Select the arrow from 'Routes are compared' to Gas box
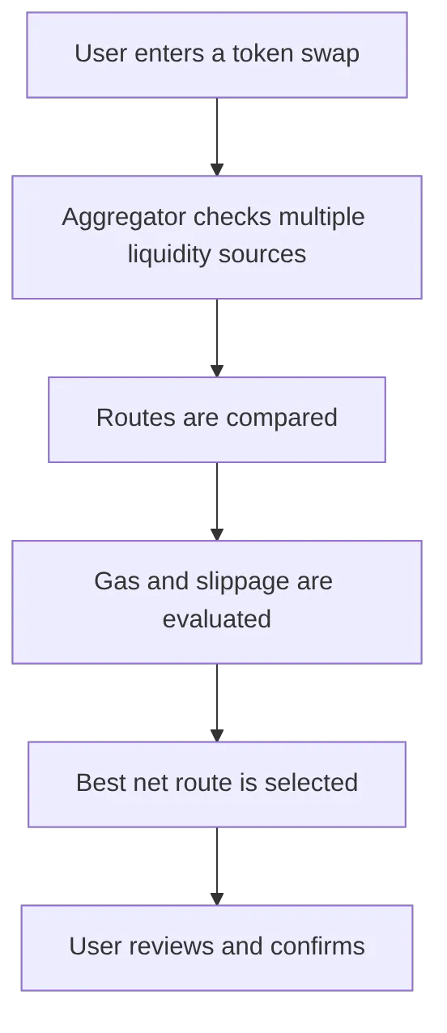pyautogui.click(x=216, y=500)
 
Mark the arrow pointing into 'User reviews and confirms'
pyautogui.click(x=216, y=865)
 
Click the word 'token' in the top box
pyautogui.click(x=261, y=54)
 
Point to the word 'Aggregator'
pyautogui.click(x=124, y=217)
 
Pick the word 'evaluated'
pyautogui.click(x=216, y=619)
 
